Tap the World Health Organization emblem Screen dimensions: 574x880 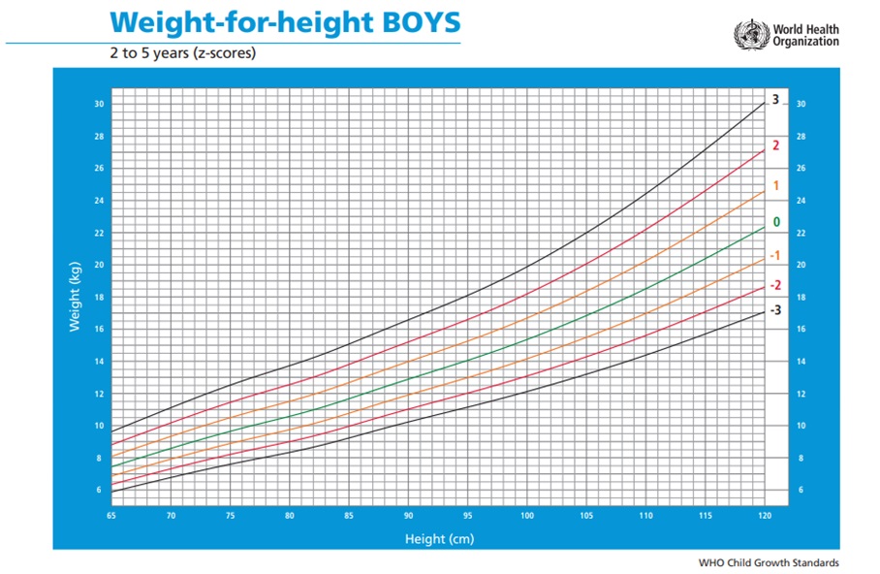pos(750,35)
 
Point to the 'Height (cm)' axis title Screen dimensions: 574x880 pos(439,537)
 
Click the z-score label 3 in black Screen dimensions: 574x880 pos(775,99)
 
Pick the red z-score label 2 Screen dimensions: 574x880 pos(775,145)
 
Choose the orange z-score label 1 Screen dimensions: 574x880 pos(775,185)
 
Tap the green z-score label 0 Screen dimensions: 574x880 pos(775,222)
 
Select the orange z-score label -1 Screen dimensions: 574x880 pos(774,255)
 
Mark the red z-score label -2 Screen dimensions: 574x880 pos(774,285)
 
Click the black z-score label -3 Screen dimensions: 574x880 pos(774,309)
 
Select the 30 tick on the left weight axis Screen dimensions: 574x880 pos(99,104)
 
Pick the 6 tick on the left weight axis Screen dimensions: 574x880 pos(99,490)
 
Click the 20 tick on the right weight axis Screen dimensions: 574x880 pos(800,265)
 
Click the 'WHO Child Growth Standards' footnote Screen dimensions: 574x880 pos(769,562)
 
